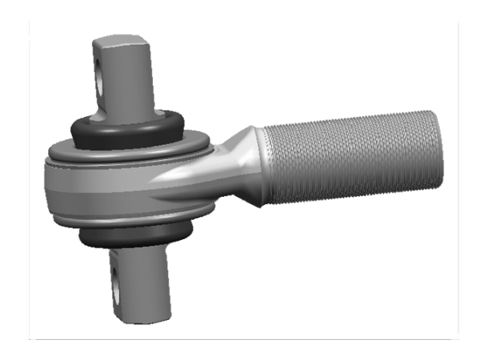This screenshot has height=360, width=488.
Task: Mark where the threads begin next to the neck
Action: pos(266,164)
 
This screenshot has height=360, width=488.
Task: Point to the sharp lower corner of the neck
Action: pos(261,205)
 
